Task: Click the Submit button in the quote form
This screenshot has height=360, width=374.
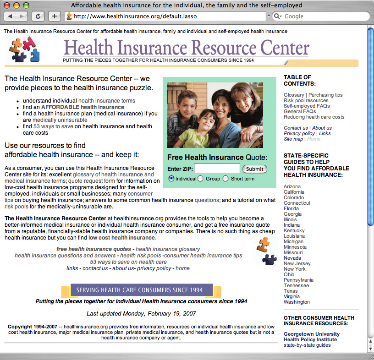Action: click(x=254, y=169)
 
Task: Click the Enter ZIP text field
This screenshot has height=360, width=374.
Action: click(x=217, y=169)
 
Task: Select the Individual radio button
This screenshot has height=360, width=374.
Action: click(x=171, y=179)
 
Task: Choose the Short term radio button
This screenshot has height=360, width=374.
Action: click(x=225, y=179)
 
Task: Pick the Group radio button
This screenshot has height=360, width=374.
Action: click(x=200, y=179)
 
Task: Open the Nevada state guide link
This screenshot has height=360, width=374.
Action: click(x=292, y=258)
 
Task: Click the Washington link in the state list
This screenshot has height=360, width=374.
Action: click(x=297, y=302)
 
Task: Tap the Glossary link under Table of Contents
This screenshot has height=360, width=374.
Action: click(x=294, y=95)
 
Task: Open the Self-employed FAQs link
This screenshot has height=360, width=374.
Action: click(x=307, y=106)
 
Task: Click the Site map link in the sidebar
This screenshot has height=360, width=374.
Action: click(x=293, y=139)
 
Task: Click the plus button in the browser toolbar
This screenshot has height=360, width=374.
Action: click(x=54, y=16)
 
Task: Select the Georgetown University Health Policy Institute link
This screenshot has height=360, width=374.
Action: click(x=312, y=337)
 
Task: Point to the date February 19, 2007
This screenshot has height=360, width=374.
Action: click(x=171, y=314)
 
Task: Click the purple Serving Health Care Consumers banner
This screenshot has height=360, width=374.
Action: click(x=142, y=290)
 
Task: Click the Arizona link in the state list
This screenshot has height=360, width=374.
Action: click(x=292, y=186)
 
